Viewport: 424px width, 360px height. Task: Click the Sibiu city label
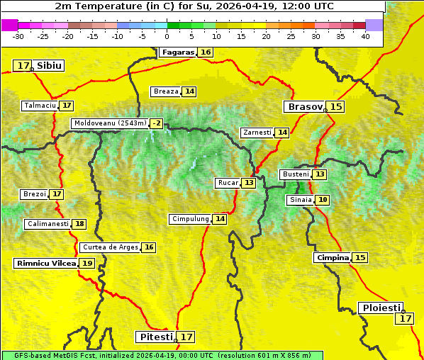pos(49,66)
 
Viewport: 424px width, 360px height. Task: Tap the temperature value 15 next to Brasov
pos(336,107)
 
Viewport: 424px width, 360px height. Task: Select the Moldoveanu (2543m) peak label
pos(110,123)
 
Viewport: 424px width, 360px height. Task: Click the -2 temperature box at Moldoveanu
pos(156,123)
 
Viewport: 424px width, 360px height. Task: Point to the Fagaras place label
pos(177,52)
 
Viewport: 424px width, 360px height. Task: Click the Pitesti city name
pos(155,337)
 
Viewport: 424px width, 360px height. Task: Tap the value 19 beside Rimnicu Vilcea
pos(87,263)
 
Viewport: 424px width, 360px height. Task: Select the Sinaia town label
pos(300,200)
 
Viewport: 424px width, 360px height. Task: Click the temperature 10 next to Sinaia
pos(323,200)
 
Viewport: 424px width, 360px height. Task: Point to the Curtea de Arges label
pos(110,247)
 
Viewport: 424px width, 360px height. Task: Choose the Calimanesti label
pos(48,224)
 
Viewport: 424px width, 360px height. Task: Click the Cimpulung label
pos(190,219)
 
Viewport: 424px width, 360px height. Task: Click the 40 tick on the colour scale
pos(365,35)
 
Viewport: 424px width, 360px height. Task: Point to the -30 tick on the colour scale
pos(18,35)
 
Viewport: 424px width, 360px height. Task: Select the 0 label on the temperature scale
pos(167,35)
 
